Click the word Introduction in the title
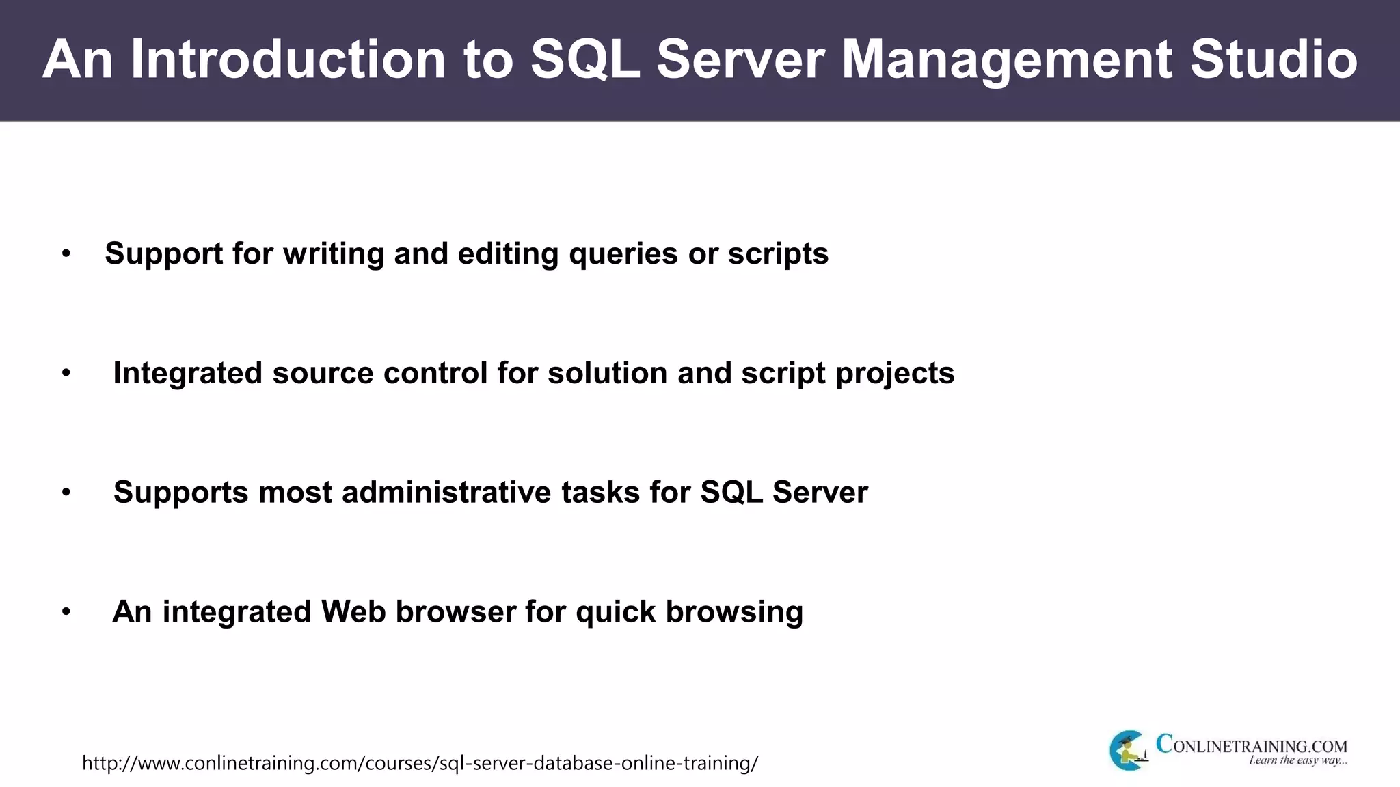click(287, 59)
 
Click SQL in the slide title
click(584, 59)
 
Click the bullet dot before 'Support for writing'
click(66, 254)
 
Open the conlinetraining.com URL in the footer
click(420, 763)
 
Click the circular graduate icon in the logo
click(1128, 750)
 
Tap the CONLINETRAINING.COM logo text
click(1251, 745)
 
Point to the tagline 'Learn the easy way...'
click(1297, 760)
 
